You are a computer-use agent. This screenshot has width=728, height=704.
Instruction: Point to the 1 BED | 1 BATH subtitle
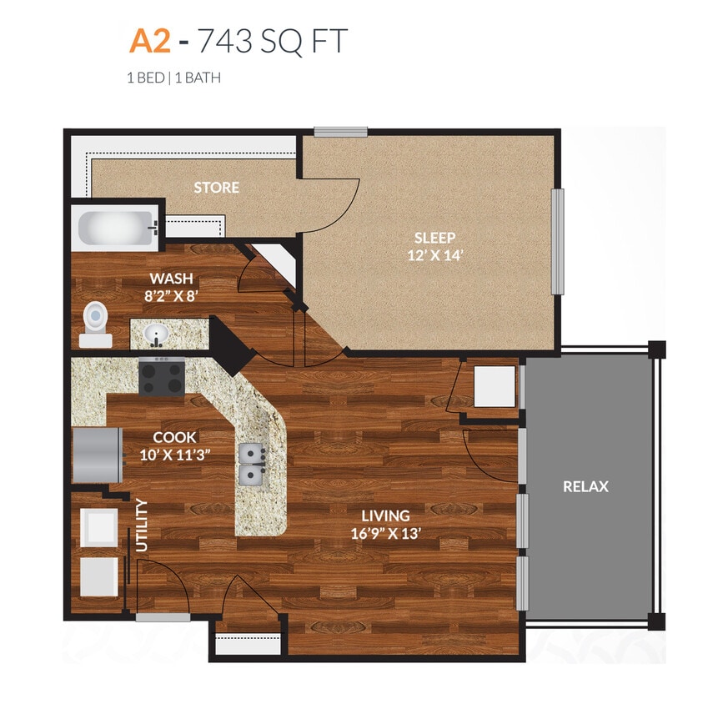coord(173,78)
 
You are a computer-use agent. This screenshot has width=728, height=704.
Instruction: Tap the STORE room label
coord(217,188)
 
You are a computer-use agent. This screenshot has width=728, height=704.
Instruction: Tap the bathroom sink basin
coord(156,334)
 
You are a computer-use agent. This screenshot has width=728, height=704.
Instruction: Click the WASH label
coord(171,278)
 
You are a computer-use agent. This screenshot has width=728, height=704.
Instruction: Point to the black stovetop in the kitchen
coord(162,375)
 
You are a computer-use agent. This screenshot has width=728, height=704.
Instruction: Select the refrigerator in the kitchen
coord(98,455)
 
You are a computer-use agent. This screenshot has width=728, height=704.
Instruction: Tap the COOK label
coord(174,437)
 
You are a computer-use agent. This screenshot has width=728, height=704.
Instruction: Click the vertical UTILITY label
coord(142,525)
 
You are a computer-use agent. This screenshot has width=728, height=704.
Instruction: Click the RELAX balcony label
coord(586,486)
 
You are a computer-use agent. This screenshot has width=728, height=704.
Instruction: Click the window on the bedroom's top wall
coord(340,131)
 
